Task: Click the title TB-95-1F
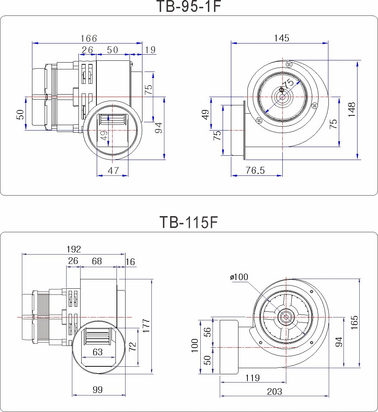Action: click(188, 6)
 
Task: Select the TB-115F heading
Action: click(188, 223)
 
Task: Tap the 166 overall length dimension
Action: click(89, 38)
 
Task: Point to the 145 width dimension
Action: click(281, 38)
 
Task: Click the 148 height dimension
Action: click(352, 110)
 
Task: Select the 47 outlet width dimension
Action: click(113, 170)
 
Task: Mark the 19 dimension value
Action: click(151, 50)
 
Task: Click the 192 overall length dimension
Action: click(74, 249)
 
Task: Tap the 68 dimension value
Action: click(97, 261)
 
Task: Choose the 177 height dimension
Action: click(146, 326)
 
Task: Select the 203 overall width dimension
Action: click(274, 392)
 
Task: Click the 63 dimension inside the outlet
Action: click(98, 352)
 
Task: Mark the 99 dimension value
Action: click(97, 390)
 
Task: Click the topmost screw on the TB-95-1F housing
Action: click(289, 64)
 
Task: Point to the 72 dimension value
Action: click(132, 347)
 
